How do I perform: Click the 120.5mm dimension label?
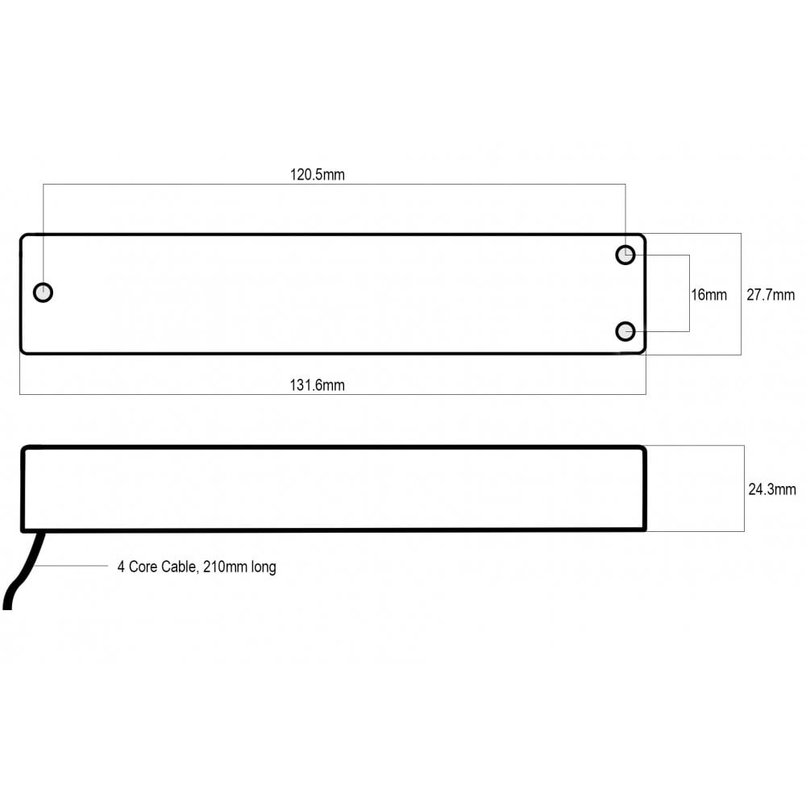(x=317, y=174)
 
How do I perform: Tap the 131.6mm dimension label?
(x=317, y=385)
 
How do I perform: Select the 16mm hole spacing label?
(x=708, y=295)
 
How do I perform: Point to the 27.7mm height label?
(x=770, y=295)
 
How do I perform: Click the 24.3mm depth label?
(x=771, y=489)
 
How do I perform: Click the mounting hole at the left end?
(x=44, y=292)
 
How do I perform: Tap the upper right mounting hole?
(x=625, y=256)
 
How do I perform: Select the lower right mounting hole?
(x=625, y=330)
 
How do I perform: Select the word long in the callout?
(x=264, y=567)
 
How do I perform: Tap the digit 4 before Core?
(x=121, y=567)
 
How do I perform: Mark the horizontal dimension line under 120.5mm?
(x=334, y=185)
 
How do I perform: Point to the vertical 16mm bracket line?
(x=689, y=293)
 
